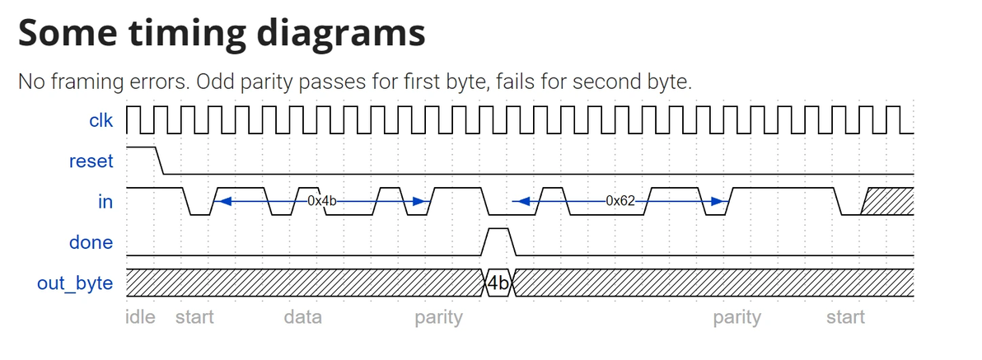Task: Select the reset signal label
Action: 91,161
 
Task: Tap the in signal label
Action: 105,201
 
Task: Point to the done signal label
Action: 91,242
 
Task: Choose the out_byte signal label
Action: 75,283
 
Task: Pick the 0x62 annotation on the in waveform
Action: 620,200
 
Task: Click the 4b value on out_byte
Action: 498,283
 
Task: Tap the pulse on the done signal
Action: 498,241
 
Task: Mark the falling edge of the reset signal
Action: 160,161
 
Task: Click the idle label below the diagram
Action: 140,317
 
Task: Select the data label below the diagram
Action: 302,317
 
